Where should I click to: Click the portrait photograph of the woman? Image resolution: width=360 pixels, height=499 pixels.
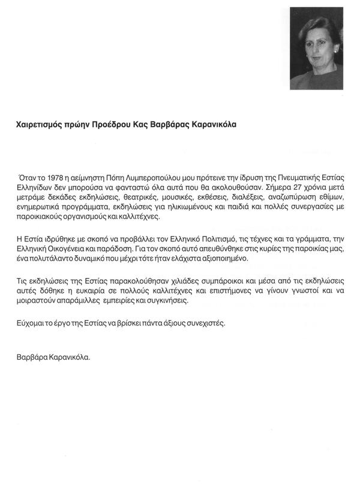click(316, 49)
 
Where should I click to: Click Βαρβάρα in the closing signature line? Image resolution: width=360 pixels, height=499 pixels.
click(32, 357)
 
